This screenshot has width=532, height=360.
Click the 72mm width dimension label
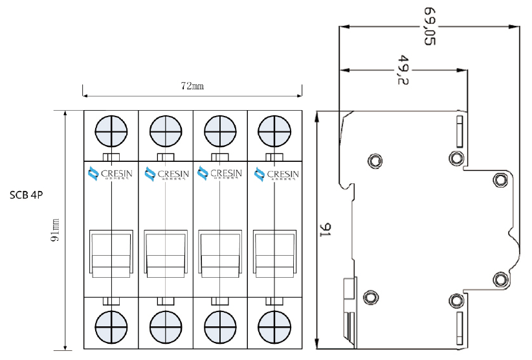(192, 85)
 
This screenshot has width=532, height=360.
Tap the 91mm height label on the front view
(56, 230)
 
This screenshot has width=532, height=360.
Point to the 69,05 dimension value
(428, 27)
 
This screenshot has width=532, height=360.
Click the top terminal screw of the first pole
(111, 133)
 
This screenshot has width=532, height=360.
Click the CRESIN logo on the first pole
(111, 174)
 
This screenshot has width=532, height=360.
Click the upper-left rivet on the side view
(374, 160)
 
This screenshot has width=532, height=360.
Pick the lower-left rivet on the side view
(371, 297)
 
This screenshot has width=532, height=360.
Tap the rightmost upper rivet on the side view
(500, 179)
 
